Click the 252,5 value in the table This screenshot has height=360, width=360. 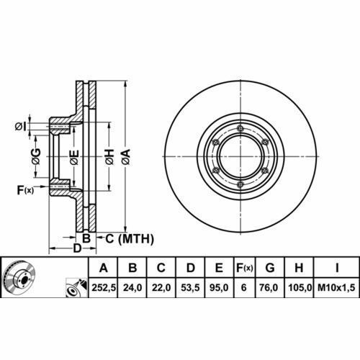click(x=104, y=287)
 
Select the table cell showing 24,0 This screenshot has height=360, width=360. click(x=132, y=287)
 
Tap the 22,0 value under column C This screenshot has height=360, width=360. click(x=161, y=287)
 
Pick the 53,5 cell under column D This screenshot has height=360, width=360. click(x=190, y=287)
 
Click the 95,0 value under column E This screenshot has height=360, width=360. click(x=219, y=287)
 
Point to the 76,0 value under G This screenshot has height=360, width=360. click(x=270, y=287)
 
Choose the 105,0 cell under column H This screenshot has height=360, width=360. click(x=300, y=287)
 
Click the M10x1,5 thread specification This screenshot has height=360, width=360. click(x=336, y=287)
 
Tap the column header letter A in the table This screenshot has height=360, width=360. click(x=104, y=268)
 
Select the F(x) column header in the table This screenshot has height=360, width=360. click(x=245, y=268)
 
